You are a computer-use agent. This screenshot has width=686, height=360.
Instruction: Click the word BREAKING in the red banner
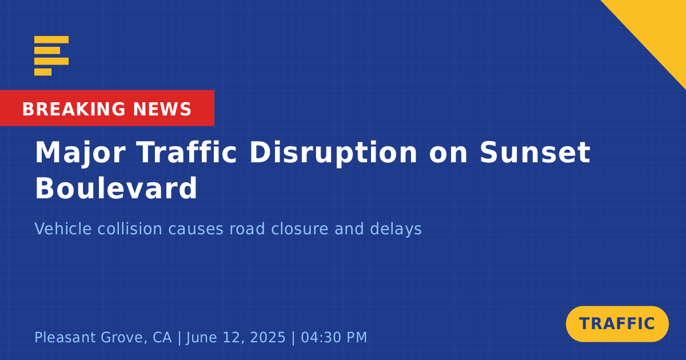tap(74, 109)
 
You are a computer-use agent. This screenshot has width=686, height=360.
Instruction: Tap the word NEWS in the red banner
tap(162, 109)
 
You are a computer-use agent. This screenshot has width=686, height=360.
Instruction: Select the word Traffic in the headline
tap(186, 152)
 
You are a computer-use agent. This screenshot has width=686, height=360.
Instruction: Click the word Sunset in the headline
tap(535, 153)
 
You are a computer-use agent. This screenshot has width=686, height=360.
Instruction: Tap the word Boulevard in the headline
tap(116, 187)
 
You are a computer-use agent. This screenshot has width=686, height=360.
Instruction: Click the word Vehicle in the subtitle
tap(63, 229)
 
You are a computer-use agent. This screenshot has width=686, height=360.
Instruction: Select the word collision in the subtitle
tap(130, 229)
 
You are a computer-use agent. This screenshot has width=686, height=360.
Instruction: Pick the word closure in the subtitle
tap(300, 229)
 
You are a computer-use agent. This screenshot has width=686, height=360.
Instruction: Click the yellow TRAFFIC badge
tap(617, 324)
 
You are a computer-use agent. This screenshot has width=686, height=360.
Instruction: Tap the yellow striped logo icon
tap(51, 56)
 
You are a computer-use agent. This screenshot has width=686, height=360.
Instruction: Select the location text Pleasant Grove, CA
tap(103, 338)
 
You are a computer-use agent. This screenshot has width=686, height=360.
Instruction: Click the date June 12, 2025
tap(236, 337)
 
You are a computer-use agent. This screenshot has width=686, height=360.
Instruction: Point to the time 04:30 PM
tap(334, 337)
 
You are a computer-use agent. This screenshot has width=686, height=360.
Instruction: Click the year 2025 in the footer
tap(268, 337)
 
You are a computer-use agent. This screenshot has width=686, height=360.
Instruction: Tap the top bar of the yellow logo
tap(51, 39)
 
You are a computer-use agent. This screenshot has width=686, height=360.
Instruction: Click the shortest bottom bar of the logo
tap(43, 72)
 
